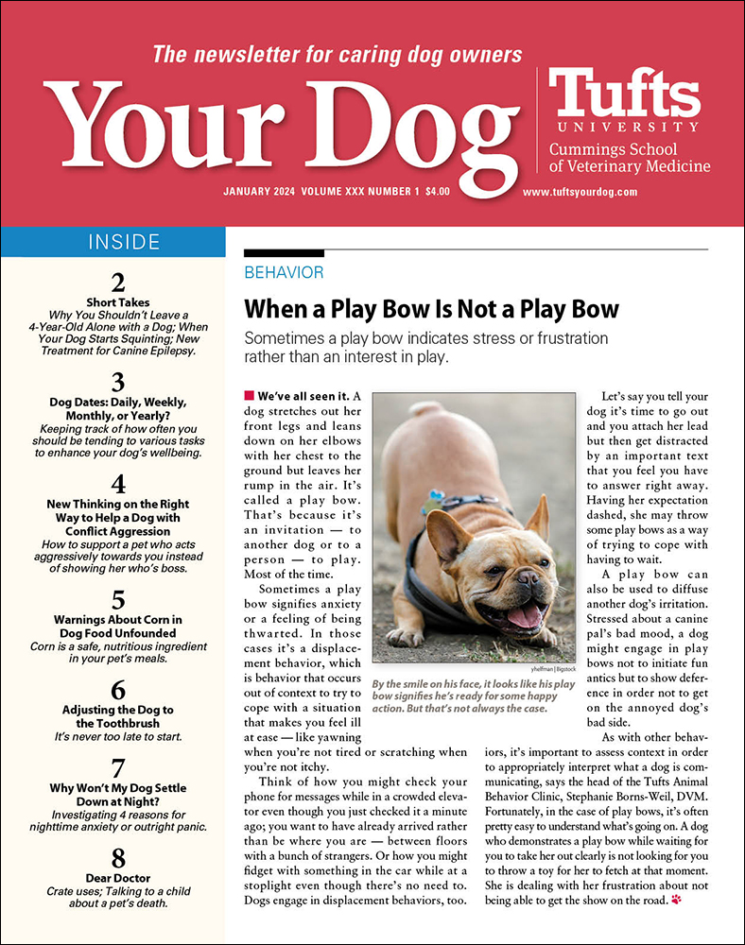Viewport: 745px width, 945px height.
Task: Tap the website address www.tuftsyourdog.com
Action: point(580,192)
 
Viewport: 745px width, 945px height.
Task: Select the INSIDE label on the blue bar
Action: point(124,242)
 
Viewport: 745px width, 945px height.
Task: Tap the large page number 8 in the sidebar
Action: point(118,858)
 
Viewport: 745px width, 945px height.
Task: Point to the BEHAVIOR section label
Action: point(284,273)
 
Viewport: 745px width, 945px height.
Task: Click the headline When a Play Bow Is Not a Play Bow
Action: point(431,309)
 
